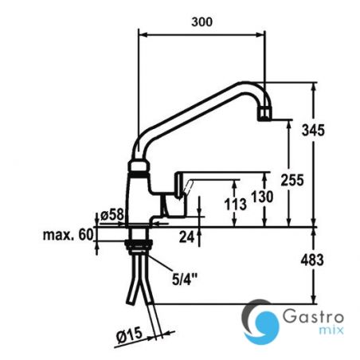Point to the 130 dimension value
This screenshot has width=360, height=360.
[x=258, y=197]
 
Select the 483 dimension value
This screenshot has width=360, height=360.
[x=328, y=258]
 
